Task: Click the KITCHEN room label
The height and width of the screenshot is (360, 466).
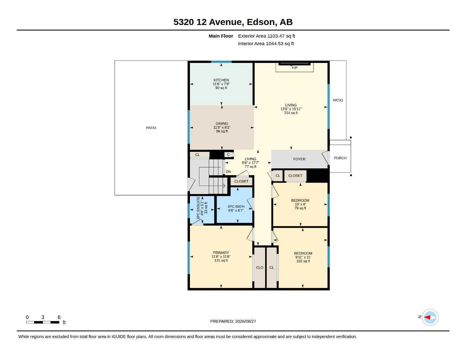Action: point(221,80)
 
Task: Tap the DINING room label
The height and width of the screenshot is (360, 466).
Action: point(222,124)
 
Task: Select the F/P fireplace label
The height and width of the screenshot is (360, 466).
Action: point(295,68)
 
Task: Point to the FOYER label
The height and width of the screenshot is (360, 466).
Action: point(299,159)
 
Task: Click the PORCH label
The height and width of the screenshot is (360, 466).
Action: point(340,158)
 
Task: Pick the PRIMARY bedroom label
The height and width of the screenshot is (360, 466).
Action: point(221,253)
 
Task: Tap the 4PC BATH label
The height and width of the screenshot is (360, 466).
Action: point(236,207)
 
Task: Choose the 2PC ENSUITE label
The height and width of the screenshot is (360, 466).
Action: point(198,208)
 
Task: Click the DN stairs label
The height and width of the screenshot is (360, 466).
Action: point(228,172)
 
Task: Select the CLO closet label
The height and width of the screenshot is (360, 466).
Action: point(260,268)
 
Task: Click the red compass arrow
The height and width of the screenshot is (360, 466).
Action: point(427,317)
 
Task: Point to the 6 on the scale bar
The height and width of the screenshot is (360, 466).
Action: point(59,317)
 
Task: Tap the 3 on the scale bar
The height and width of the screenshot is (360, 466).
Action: point(43,317)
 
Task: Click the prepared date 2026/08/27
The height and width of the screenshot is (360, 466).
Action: point(245,321)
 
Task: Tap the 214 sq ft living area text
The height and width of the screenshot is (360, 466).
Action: point(291,113)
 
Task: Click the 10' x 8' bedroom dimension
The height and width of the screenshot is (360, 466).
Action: point(300,204)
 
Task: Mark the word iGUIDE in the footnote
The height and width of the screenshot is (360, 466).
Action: point(119,337)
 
